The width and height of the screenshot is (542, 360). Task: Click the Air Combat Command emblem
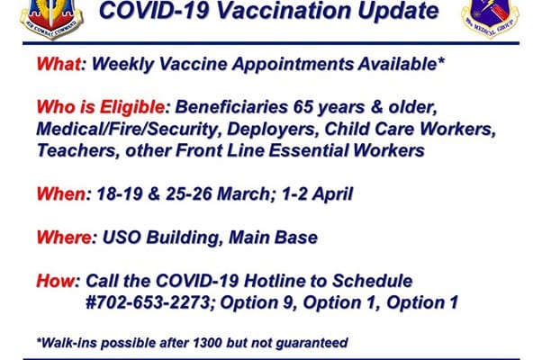51,19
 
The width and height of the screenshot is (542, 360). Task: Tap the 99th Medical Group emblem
490,17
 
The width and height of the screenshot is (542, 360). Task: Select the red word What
59,64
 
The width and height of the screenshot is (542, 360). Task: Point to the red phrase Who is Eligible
100,107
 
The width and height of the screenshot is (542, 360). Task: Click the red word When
61,193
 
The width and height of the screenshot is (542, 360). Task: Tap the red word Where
64,238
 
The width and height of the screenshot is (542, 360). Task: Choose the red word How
55,281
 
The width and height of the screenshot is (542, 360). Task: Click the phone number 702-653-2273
152,302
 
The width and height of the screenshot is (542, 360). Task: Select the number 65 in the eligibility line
303,107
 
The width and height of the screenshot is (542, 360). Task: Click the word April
332,194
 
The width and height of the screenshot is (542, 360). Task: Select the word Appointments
293,65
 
